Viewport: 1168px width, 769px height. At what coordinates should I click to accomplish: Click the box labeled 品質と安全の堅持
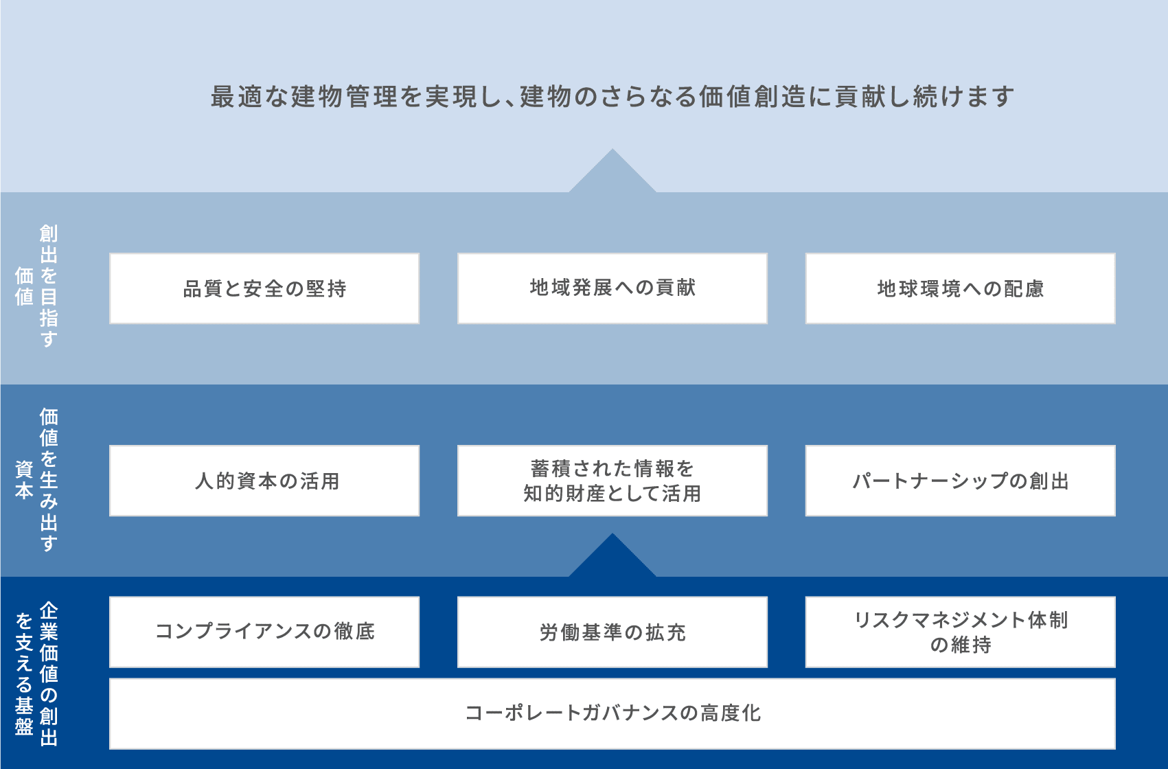264,288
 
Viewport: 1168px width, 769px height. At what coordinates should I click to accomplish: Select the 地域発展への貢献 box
612,288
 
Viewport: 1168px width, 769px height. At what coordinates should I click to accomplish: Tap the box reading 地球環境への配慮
961,288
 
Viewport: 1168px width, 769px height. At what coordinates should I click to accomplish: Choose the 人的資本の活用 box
264,481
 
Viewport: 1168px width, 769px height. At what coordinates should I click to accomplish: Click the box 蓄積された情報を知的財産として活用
612,481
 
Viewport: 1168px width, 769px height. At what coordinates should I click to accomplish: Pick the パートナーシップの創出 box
961,481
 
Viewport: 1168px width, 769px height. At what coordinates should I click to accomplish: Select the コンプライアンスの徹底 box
264,632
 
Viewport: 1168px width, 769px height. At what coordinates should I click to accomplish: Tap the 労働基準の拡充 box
612,632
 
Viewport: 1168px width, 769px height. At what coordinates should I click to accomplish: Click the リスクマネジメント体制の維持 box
961,632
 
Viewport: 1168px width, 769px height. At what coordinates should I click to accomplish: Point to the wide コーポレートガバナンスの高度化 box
612,714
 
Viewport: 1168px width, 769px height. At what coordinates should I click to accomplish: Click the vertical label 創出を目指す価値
36,286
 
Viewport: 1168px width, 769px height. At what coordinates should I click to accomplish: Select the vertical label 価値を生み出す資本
36,480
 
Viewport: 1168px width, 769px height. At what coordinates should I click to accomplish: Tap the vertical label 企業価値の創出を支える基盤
36,674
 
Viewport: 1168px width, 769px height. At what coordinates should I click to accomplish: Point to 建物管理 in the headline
344,97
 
